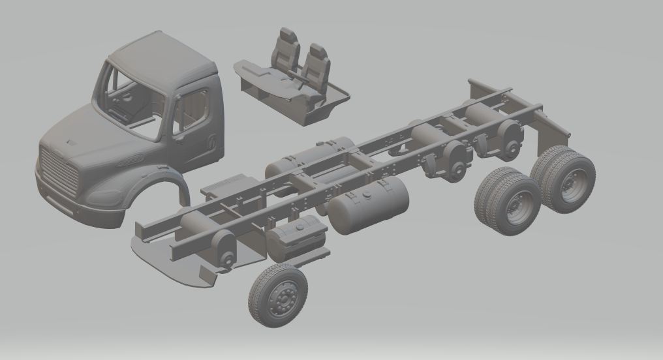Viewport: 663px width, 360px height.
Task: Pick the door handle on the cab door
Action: point(213,139)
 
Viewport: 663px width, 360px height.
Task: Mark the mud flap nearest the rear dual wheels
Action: point(551,130)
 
